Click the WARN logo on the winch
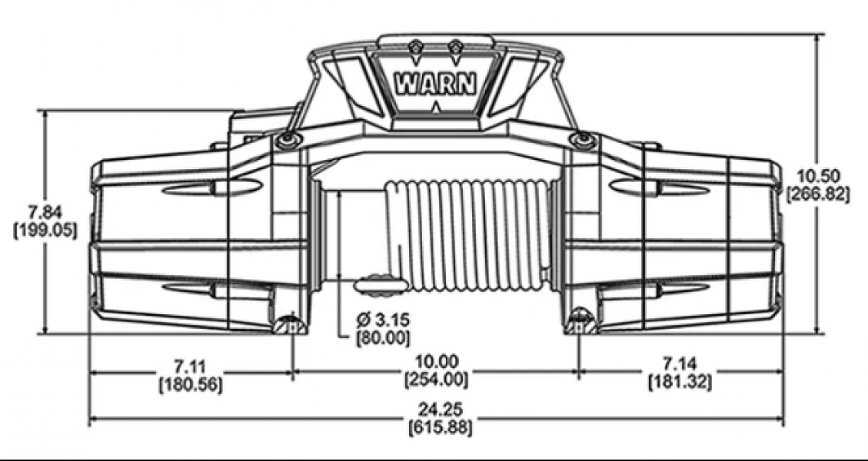(x=434, y=85)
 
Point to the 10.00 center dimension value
(x=437, y=361)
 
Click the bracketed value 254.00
(x=437, y=379)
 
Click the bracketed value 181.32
(x=679, y=381)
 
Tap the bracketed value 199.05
(x=46, y=230)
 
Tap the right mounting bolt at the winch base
(x=580, y=321)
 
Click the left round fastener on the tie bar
(x=286, y=140)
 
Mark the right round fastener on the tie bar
(x=581, y=140)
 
